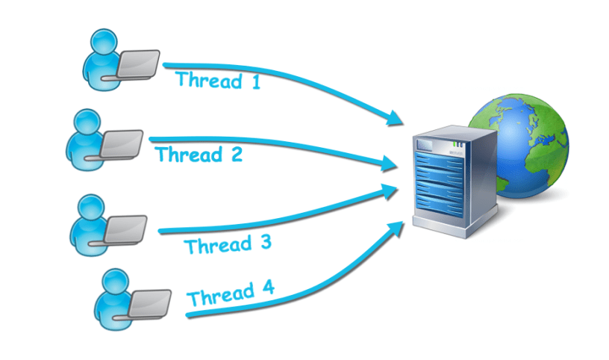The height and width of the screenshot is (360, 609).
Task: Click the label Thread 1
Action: click(218, 79)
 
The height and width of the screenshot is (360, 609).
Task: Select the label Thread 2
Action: click(199, 155)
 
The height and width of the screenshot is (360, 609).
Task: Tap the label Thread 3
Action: click(227, 244)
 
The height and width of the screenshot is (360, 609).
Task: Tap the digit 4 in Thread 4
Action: click(266, 288)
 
